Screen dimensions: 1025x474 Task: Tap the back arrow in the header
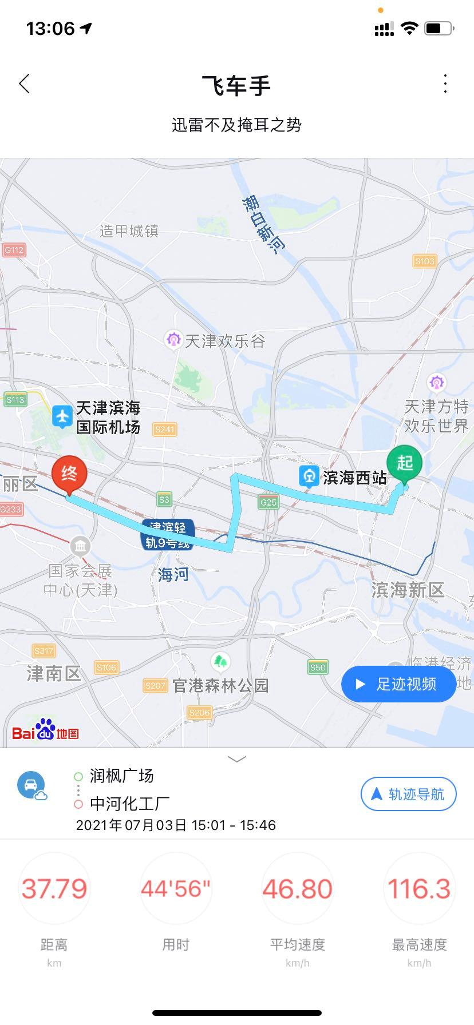coord(24,84)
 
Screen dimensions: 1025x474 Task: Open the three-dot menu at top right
coord(445,84)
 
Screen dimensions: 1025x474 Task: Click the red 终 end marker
coord(69,475)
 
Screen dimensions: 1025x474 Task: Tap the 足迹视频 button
coord(398,684)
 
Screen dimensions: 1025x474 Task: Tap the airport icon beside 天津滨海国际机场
coord(62,416)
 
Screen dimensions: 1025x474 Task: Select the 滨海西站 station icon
coord(309,476)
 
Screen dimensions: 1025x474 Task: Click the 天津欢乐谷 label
coord(224,341)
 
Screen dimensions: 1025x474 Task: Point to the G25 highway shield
coord(268,502)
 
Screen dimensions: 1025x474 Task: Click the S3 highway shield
coord(164,499)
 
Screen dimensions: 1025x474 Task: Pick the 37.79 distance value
coord(54,888)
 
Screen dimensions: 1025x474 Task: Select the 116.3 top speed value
coord(419,888)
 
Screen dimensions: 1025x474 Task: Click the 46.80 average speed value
coord(297,888)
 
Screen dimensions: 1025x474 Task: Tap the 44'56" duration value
coord(176,888)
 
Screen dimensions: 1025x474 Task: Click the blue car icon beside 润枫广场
coord(31,785)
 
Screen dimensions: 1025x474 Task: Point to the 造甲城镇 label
coord(129,231)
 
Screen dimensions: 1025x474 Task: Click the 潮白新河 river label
coord(262,225)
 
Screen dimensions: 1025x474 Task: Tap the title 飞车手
coord(236,85)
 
